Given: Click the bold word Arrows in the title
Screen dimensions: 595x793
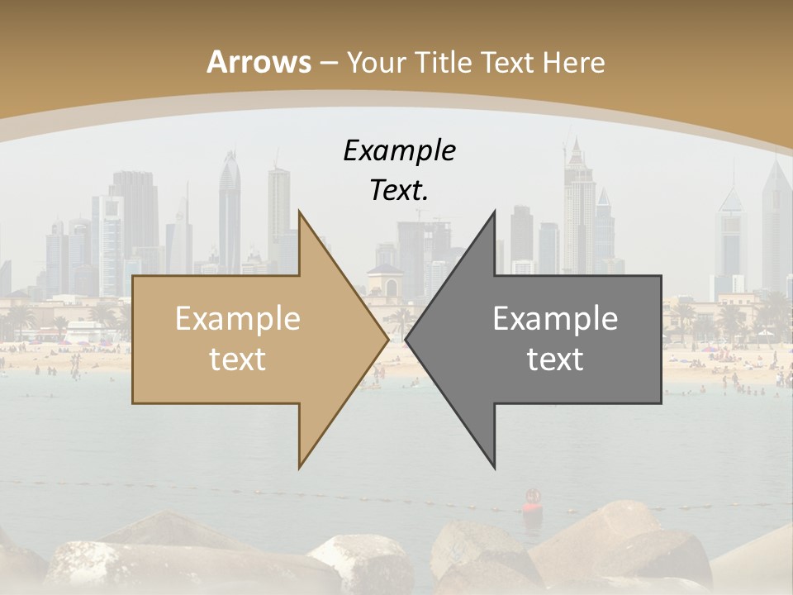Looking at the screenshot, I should [x=259, y=62].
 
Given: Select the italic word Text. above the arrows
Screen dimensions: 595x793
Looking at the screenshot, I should [x=399, y=190].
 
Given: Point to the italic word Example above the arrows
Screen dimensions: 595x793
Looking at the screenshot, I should [x=399, y=151].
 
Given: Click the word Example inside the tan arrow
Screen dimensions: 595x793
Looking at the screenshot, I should [x=237, y=319].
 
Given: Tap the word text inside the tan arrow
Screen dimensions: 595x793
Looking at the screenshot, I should [x=237, y=359].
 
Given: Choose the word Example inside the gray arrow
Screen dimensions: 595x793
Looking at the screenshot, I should [x=555, y=319].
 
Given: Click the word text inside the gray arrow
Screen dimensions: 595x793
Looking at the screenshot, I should [x=555, y=359].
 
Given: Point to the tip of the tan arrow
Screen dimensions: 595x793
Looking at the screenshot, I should [x=387, y=339].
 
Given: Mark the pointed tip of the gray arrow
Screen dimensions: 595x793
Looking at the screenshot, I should [x=406, y=339].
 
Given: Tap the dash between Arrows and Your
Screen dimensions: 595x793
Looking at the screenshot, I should [x=329, y=63].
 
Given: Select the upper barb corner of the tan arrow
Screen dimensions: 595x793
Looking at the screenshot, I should [x=300, y=212].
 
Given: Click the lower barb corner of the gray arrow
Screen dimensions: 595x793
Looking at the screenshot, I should [x=494, y=467].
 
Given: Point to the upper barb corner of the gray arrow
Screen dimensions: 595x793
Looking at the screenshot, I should [x=494, y=212].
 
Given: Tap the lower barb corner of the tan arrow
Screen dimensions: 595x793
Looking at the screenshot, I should [x=300, y=467].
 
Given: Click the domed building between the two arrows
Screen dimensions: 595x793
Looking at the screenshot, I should [x=384, y=281].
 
